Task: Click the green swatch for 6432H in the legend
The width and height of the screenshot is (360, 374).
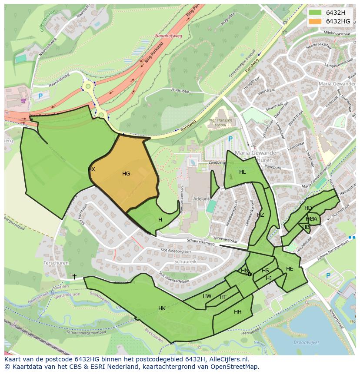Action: tap(315, 13)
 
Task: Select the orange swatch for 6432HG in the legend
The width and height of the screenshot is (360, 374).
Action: tap(315, 21)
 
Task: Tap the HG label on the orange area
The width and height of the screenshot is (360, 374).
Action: tap(126, 174)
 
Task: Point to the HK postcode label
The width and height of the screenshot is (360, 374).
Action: tap(162, 308)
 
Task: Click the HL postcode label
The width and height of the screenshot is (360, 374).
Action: tap(243, 172)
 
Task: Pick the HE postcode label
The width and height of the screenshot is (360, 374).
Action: tap(290, 269)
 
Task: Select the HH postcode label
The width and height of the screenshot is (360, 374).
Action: tap(238, 312)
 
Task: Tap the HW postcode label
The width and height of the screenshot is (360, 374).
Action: tap(207, 296)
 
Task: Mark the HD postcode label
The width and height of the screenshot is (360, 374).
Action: tap(308, 208)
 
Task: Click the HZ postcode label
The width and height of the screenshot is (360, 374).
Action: tap(260, 215)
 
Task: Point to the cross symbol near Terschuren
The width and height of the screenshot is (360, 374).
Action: tap(74, 276)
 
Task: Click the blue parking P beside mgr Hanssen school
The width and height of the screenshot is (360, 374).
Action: tap(230, 139)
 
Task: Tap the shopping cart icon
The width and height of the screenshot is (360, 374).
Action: tap(23, 101)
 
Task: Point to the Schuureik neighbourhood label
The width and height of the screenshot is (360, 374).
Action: tap(185, 262)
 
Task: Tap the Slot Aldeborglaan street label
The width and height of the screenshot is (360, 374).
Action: tap(176, 251)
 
